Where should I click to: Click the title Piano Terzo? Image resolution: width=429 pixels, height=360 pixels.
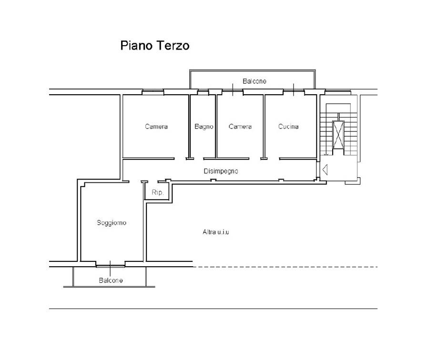(x=155, y=46)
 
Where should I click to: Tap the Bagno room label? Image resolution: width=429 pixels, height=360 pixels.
(x=204, y=127)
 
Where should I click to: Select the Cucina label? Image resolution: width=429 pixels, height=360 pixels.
(x=288, y=127)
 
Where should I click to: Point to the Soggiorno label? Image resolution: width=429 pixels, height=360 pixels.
(x=112, y=223)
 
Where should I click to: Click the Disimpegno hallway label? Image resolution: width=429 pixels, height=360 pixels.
(x=221, y=171)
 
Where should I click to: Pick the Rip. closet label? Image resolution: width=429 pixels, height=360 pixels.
(x=157, y=192)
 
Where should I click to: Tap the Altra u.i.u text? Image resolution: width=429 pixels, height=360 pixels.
(x=216, y=232)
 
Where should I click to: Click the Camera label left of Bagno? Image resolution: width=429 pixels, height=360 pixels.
(x=156, y=127)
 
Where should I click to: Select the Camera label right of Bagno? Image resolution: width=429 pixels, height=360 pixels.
(x=240, y=127)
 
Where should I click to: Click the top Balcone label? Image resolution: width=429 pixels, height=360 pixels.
(x=255, y=81)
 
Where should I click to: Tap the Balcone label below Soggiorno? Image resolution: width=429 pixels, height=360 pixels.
(x=111, y=280)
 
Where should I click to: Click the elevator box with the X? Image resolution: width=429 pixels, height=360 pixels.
(x=338, y=135)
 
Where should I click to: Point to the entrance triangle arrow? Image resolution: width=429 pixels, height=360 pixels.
(x=325, y=170)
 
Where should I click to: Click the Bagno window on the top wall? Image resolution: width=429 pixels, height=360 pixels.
(x=203, y=92)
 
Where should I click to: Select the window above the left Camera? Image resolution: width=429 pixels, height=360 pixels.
(x=153, y=92)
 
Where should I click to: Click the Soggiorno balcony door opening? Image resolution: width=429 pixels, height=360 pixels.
(x=110, y=264)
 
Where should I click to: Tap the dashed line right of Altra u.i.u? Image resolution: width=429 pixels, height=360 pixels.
(x=285, y=267)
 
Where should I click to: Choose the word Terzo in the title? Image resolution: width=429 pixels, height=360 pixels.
(x=173, y=46)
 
